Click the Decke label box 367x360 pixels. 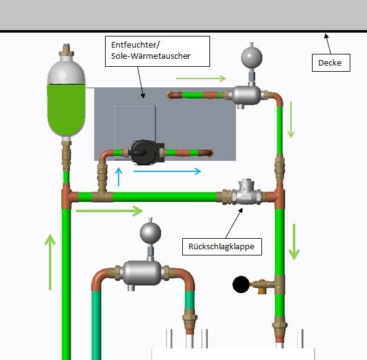coord(331,63)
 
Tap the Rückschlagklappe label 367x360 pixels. coord(222,247)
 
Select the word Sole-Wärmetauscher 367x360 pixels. coord(151,56)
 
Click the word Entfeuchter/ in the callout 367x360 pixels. coord(135,45)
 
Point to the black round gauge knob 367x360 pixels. coord(241,285)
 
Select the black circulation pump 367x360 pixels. coord(146,152)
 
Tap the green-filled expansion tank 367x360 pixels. coord(66,98)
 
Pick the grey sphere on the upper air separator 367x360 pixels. coord(251,57)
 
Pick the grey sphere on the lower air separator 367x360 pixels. coord(150,233)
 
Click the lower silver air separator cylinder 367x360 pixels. coord(142,273)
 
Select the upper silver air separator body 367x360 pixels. coord(247,95)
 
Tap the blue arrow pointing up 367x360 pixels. coord(119,176)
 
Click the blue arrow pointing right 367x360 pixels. coord(167,171)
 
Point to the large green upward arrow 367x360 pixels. coord(50,262)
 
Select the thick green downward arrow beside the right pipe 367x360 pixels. coord(294,242)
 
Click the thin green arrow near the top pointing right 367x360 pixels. coord(201,79)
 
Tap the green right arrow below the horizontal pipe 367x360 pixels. coord(109,211)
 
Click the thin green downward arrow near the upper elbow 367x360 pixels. coord(291,119)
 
